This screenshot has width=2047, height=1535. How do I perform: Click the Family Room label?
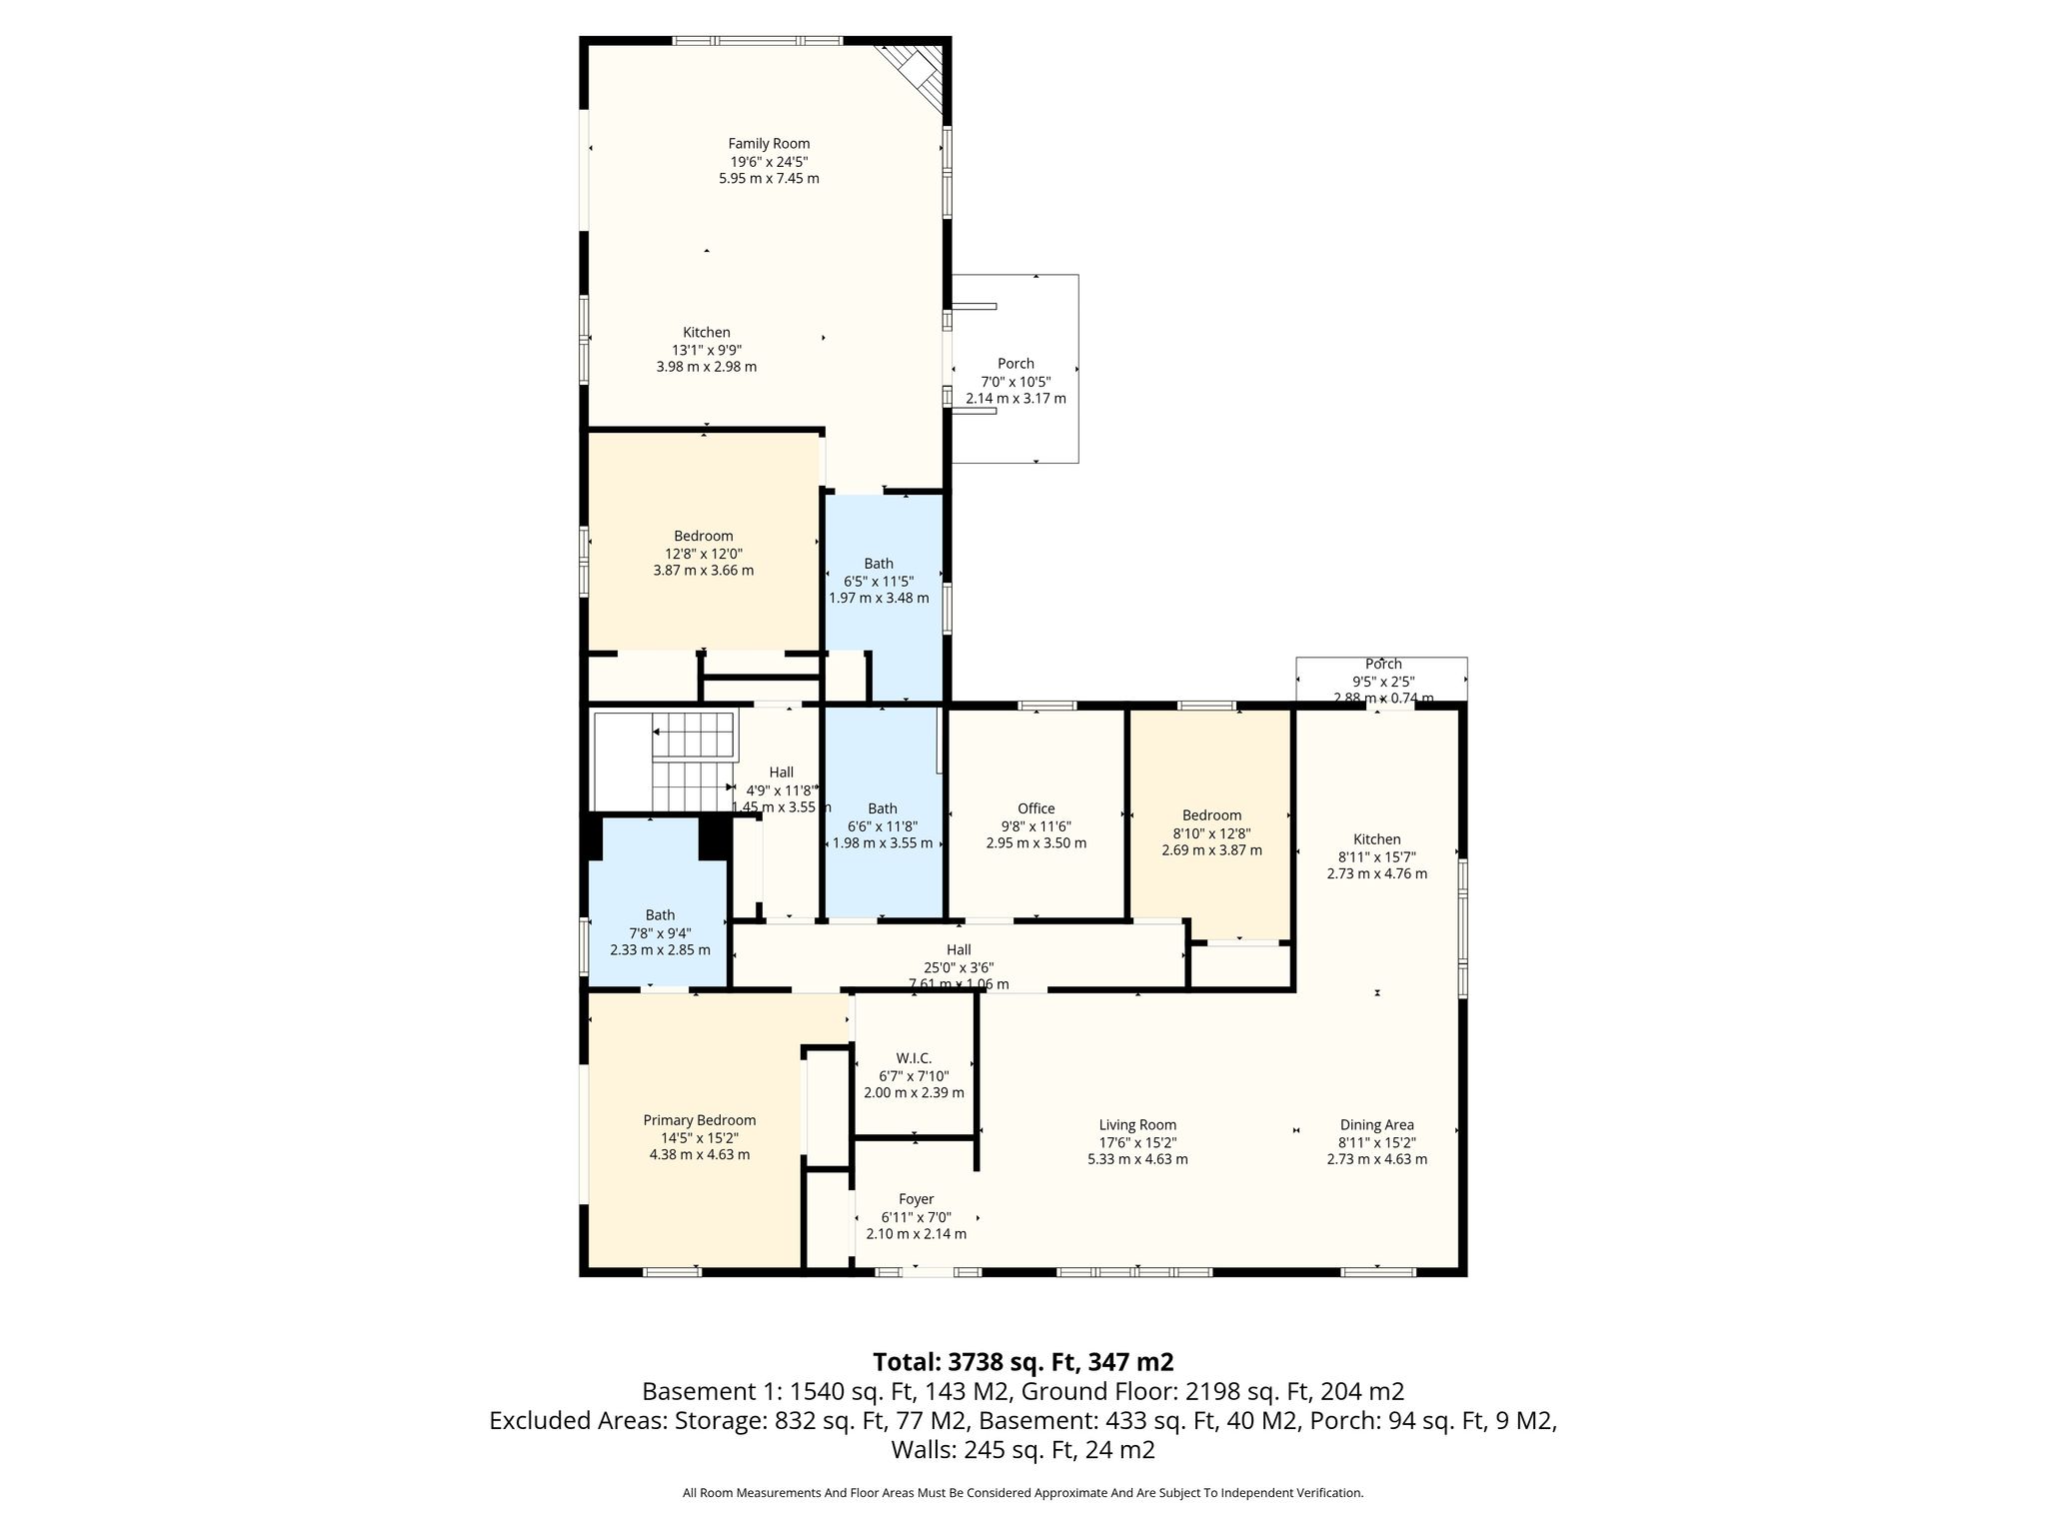pos(769,144)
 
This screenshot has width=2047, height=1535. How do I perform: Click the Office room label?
pos(1035,808)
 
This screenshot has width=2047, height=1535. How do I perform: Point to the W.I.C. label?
pos(914,1058)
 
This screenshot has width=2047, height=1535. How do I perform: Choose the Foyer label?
pos(916,1199)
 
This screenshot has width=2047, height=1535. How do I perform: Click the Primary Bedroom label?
pos(700,1120)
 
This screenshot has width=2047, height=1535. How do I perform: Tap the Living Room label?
pos(1137,1125)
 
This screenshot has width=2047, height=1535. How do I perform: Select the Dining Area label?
pos(1376,1125)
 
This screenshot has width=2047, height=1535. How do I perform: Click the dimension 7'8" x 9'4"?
pos(660,932)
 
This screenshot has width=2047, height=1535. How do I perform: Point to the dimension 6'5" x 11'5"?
pos(879,581)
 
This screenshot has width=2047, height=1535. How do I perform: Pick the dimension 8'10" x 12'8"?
pos(1211,833)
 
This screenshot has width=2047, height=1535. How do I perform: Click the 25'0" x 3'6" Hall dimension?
pos(959,967)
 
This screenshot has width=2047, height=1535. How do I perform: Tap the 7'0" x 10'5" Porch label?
pos(1016,381)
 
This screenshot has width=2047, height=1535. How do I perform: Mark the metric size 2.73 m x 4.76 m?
pos(1376,873)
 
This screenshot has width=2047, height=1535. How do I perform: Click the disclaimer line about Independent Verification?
pos(1023,1493)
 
